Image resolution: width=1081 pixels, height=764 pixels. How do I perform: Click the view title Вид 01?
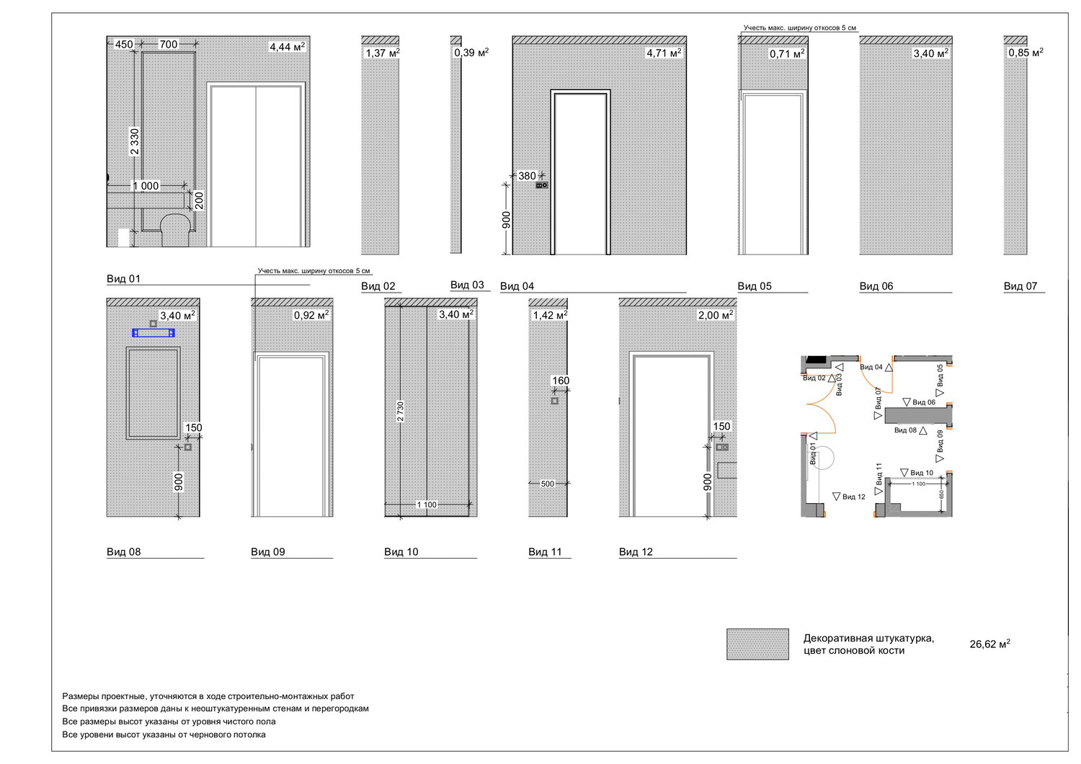(123, 278)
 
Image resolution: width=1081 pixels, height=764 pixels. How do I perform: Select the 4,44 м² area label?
(287, 47)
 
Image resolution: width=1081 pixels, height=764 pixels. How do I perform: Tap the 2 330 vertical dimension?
(135, 142)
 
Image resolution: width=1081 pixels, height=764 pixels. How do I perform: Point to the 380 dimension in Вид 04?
(527, 176)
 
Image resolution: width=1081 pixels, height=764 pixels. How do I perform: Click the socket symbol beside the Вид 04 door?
(542, 185)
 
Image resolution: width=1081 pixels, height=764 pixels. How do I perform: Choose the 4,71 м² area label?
(664, 53)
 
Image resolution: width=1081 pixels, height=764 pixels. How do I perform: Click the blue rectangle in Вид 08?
(154, 333)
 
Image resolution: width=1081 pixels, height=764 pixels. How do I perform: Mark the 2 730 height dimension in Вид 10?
(400, 412)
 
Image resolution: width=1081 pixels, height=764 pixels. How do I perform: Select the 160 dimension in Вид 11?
(561, 381)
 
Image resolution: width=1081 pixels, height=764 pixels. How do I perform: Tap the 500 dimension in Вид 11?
(547, 484)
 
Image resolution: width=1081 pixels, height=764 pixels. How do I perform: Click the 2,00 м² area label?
(716, 315)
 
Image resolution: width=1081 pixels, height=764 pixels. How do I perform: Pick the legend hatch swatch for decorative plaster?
(757, 644)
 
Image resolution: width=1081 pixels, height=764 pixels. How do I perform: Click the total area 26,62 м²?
(989, 644)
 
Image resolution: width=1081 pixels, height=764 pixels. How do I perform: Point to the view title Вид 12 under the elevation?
(636, 551)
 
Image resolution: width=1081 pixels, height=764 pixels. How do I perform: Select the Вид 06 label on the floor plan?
(924, 402)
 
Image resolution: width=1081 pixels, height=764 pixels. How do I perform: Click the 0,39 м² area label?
(471, 53)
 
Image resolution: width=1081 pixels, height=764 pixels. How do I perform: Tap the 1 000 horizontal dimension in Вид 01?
(146, 186)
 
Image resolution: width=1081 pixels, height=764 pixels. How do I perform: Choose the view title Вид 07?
(1020, 285)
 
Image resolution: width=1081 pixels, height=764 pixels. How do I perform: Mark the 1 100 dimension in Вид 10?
(427, 505)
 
